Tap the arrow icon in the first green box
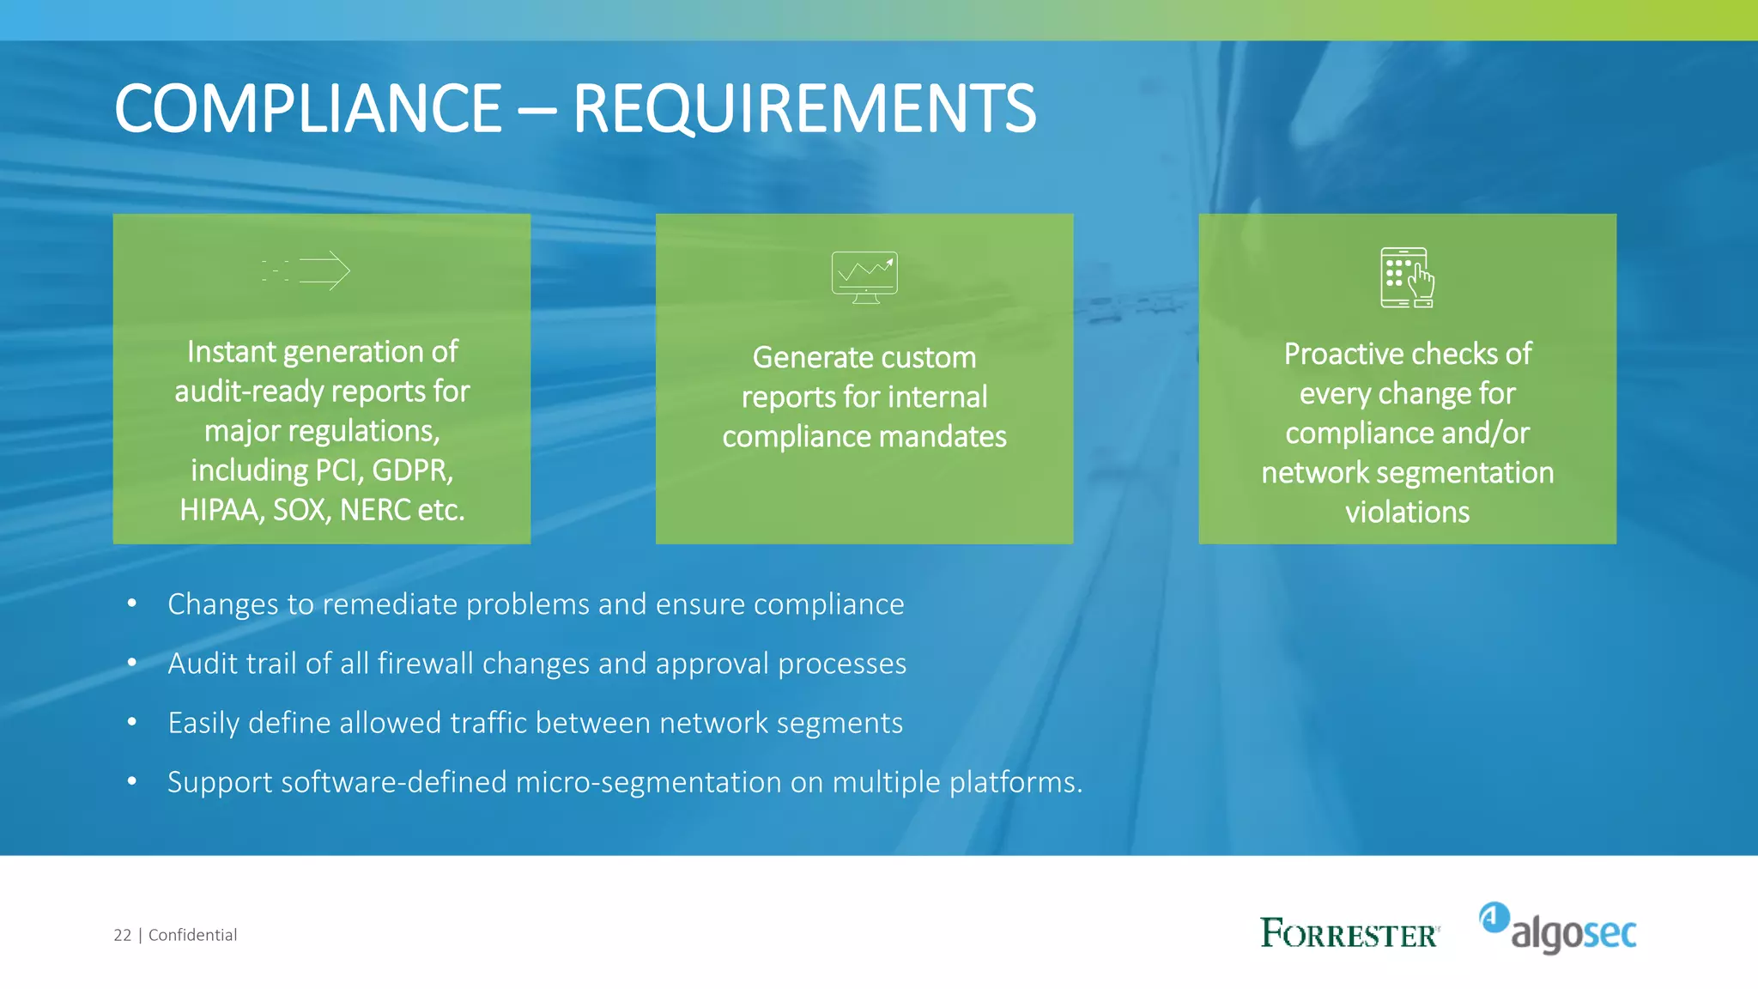(307, 270)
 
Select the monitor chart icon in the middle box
(864, 276)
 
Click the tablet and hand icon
(1407, 277)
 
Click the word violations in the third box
(1407, 513)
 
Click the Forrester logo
(1349, 933)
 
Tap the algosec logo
(1558, 929)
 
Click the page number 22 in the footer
(123, 935)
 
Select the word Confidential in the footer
(192, 935)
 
